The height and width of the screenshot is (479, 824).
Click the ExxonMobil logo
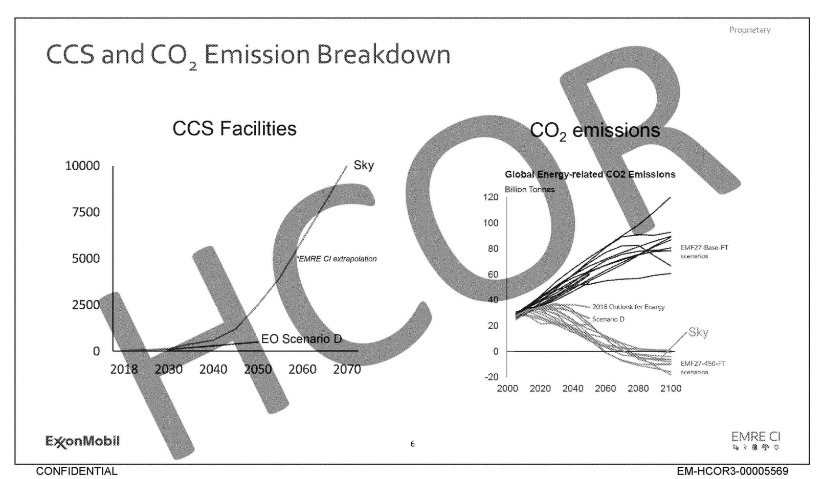click(82, 441)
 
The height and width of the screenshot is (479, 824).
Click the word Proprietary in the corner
click(749, 30)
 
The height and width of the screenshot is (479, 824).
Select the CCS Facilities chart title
click(234, 129)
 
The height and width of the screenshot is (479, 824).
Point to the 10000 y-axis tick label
click(82, 166)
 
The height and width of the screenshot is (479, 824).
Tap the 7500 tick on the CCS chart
click(85, 212)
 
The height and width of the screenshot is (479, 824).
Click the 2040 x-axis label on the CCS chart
click(213, 369)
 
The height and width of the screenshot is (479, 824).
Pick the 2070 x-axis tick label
click(347, 369)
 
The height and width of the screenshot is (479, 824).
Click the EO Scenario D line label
click(301, 339)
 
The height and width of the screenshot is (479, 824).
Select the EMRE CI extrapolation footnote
click(337, 259)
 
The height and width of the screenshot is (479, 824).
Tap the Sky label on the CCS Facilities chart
click(364, 165)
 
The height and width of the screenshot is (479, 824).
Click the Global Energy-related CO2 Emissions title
click(590, 174)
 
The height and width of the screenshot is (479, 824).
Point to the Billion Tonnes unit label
click(529, 190)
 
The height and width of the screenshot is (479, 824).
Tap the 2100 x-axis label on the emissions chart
click(671, 389)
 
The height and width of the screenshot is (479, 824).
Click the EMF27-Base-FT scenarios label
click(704, 252)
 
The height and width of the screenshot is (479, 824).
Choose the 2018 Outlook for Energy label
click(628, 307)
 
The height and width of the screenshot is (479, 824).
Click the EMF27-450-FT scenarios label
click(702, 368)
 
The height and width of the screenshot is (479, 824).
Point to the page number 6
click(413, 444)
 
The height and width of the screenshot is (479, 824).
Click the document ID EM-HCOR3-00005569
click(732, 471)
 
